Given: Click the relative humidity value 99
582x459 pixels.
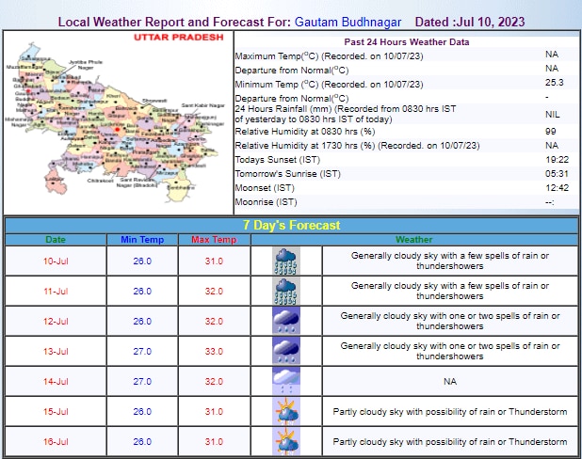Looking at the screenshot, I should pyautogui.click(x=551, y=131).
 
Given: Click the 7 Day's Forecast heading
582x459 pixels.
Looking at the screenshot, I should pyautogui.click(x=291, y=226).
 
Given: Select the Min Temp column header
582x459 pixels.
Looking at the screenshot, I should pyautogui.click(x=142, y=241).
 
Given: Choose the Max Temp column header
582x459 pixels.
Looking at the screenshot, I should pyautogui.click(x=213, y=241).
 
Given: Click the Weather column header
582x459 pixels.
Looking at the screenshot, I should pyautogui.click(x=414, y=241).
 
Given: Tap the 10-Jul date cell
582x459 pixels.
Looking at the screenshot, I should pyautogui.click(x=56, y=261).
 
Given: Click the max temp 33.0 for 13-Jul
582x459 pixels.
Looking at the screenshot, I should pyautogui.click(x=213, y=352).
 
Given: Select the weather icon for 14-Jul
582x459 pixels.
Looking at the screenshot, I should pyautogui.click(x=285, y=382).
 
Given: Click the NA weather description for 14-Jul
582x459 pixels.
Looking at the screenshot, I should pyautogui.click(x=449, y=382).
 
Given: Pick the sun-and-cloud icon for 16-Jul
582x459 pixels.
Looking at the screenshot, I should pyautogui.click(x=285, y=442).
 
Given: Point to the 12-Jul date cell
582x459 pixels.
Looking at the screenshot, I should pyautogui.click(x=56, y=322).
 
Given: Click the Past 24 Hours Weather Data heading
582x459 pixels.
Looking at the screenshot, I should pyautogui.click(x=406, y=42).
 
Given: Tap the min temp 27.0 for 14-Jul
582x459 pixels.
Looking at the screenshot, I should pyautogui.click(x=142, y=382).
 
